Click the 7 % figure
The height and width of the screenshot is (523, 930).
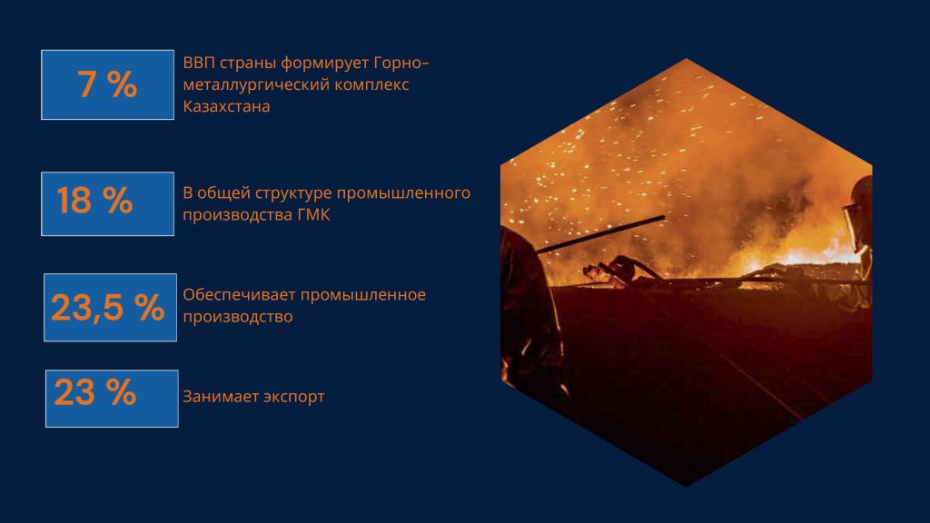[x=107, y=84]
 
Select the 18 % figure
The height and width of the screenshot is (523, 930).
[x=94, y=201]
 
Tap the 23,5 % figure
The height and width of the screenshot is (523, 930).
[x=108, y=308]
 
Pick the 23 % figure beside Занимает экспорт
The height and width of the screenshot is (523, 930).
[x=95, y=392]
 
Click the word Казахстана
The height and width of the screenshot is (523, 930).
[x=226, y=107]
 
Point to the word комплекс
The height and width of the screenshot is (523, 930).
[x=371, y=84]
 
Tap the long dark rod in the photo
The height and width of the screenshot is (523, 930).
[x=599, y=235]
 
